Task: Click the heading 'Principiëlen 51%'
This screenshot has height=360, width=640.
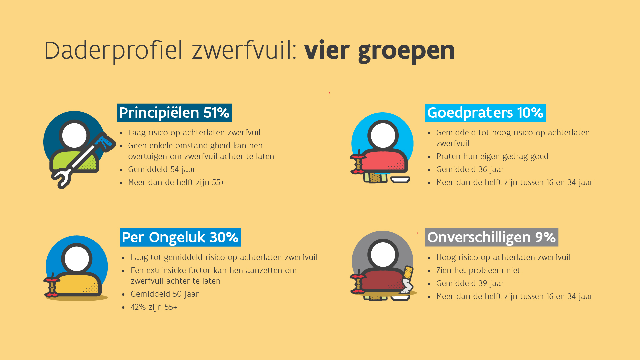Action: coord(174,113)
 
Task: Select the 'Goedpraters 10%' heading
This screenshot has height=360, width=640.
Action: coord(485,113)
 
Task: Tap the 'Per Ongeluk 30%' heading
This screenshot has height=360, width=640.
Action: coord(180,237)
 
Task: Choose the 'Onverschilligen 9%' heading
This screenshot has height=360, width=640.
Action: coord(491,237)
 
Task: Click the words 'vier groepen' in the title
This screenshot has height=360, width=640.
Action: coord(379,51)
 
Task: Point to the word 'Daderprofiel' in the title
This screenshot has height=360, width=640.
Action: coord(113,51)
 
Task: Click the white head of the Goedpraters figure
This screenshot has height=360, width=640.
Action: coord(383,136)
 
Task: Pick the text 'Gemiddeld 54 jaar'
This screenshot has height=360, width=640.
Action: coord(162,169)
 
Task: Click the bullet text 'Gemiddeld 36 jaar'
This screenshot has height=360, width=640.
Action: coord(470,169)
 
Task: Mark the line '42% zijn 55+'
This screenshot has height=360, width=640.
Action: coord(154,307)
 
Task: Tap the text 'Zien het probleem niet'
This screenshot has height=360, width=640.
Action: coord(478,270)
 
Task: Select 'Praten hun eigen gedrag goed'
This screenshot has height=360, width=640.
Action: coord(492,156)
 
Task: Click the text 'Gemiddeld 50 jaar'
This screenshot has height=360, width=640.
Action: coord(164,294)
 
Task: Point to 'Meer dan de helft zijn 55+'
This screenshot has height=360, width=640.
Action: coord(176,182)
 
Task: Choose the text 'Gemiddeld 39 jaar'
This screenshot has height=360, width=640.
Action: coord(470,283)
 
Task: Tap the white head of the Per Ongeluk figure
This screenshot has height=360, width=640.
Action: coord(77,259)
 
